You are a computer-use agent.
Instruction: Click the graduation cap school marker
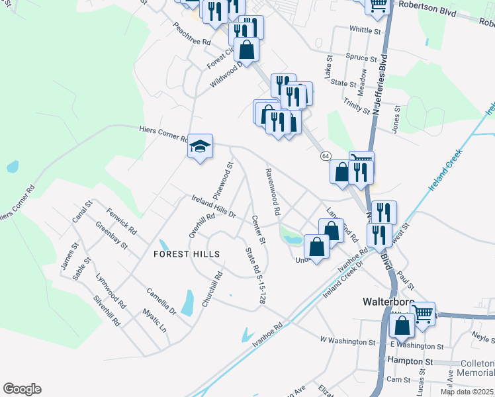(200, 146)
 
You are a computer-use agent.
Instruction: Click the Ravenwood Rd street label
(273, 192)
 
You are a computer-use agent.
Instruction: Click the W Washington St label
(347, 342)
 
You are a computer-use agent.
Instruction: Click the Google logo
(22, 389)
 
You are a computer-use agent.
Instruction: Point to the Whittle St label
(365, 30)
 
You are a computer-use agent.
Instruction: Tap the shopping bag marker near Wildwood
(246, 51)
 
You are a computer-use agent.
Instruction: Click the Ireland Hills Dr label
(214, 206)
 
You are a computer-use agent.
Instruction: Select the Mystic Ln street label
(154, 320)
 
